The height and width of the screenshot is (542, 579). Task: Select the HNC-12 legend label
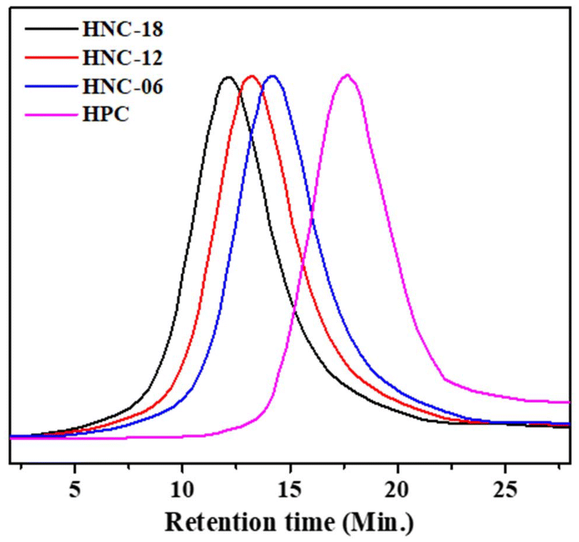point(121,58)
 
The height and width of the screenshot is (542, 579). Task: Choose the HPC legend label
point(104,115)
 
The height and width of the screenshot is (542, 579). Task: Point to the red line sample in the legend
point(49,58)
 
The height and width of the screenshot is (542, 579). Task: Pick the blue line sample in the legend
point(49,87)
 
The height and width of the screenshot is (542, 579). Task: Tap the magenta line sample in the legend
point(49,115)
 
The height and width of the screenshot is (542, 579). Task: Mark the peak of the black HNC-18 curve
point(228,77)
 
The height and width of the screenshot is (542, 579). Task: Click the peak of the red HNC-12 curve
point(252,76)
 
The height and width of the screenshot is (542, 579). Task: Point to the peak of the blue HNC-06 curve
point(272,76)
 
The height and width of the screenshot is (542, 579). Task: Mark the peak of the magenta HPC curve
point(347,75)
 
